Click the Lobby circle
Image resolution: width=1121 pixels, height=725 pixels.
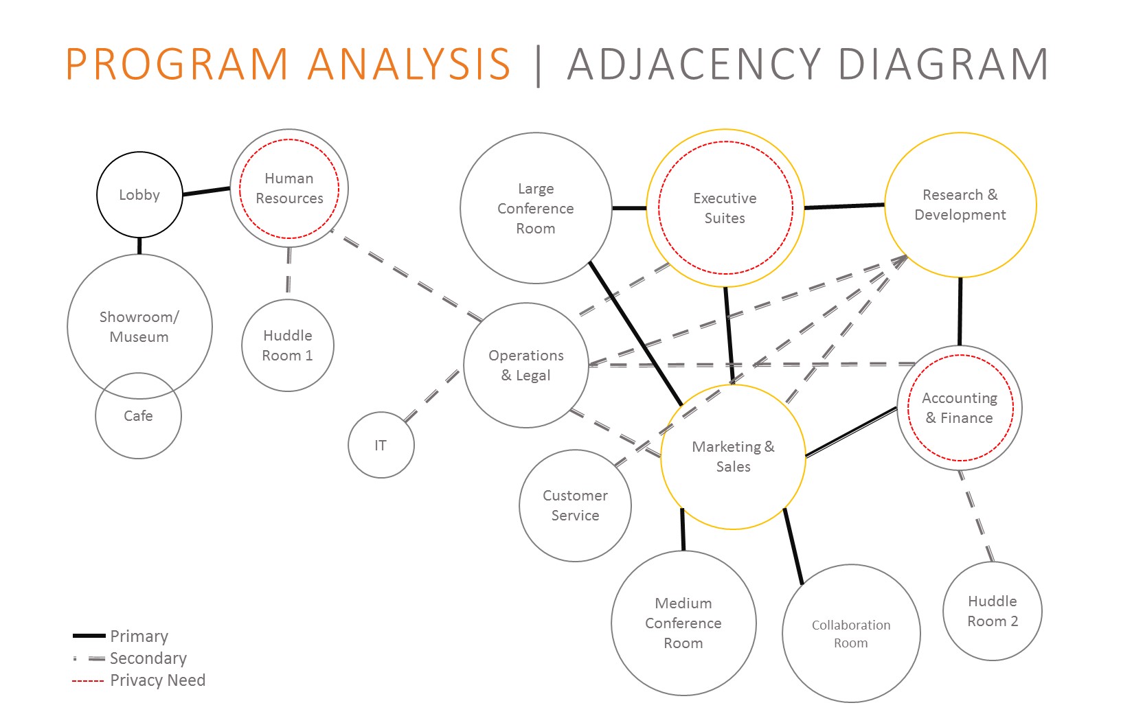click(139, 195)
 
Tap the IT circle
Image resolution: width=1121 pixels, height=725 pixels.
click(381, 446)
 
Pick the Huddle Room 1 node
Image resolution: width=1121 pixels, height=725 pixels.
click(288, 345)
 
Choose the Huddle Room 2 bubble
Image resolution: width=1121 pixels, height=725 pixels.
click(993, 611)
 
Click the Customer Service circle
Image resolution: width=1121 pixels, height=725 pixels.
click(575, 505)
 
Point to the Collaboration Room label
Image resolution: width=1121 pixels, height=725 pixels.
click(851, 634)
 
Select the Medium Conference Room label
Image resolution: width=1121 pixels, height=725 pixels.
click(683, 623)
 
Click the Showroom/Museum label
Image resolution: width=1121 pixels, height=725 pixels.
click(139, 327)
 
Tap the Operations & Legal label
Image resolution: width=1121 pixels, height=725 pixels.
click(526, 365)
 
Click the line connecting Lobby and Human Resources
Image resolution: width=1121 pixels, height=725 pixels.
click(206, 191)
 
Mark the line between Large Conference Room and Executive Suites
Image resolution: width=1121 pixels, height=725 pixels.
click(629, 207)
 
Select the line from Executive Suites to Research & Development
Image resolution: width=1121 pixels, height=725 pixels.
click(844, 205)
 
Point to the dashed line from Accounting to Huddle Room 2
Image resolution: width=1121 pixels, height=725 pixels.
click(976, 516)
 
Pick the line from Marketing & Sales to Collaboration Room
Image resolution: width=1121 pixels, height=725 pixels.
click(793, 546)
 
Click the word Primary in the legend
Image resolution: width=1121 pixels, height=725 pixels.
click(139, 636)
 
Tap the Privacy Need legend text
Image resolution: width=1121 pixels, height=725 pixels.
click(157, 680)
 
